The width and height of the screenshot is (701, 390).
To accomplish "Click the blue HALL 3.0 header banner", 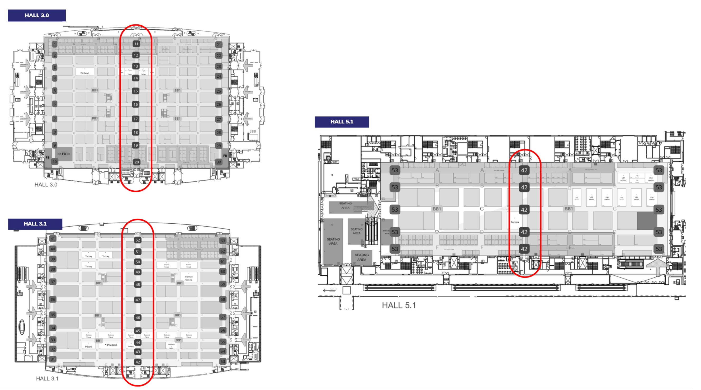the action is click(x=37, y=15).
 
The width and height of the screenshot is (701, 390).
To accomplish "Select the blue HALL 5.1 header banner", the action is click(x=342, y=122).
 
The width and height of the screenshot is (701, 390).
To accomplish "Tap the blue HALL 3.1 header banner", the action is click(x=35, y=224).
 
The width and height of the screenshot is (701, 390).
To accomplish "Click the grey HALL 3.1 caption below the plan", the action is click(x=47, y=378).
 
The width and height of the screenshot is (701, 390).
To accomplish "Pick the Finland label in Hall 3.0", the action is click(x=85, y=73).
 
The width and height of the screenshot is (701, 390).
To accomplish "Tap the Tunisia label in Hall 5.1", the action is click(x=514, y=222).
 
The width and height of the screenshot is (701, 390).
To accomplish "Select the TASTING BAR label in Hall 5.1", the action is click(x=386, y=232).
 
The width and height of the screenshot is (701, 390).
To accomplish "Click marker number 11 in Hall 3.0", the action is click(x=136, y=44).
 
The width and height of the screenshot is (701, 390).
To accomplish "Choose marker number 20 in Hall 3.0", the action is click(x=137, y=162).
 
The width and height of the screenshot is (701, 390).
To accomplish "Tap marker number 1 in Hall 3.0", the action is click(x=55, y=44).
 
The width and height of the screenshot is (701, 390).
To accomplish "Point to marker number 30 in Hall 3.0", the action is click(x=219, y=162).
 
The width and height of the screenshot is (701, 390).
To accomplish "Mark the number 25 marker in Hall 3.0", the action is click(x=219, y=91).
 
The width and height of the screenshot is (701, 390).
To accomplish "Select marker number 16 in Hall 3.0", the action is click(x=135, y=104).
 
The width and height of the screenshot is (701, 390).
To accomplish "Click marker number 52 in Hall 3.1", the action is click(x=138, y=240).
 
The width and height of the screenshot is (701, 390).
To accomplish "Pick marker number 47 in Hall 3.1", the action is click(x=138, y=300).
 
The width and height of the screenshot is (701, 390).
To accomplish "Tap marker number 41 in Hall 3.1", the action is click(x=53, y=239).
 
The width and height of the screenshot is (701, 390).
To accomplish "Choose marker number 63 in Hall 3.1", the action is click(x=223, y=241).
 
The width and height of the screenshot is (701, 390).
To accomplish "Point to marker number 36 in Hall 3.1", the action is click(x=53, y=299).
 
